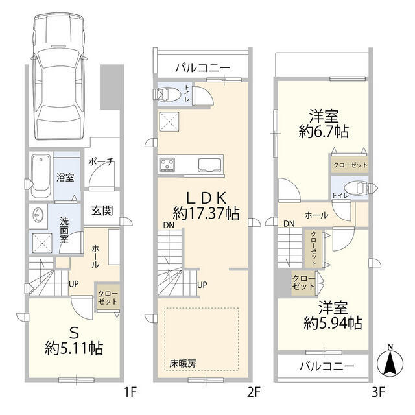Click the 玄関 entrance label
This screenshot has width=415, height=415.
102,210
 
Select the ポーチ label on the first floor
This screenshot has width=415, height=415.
102,162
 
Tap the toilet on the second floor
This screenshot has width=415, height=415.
169,95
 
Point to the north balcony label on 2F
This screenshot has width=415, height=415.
201,67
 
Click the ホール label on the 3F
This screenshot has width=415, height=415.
315,215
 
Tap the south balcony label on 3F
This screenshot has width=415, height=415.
326,366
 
